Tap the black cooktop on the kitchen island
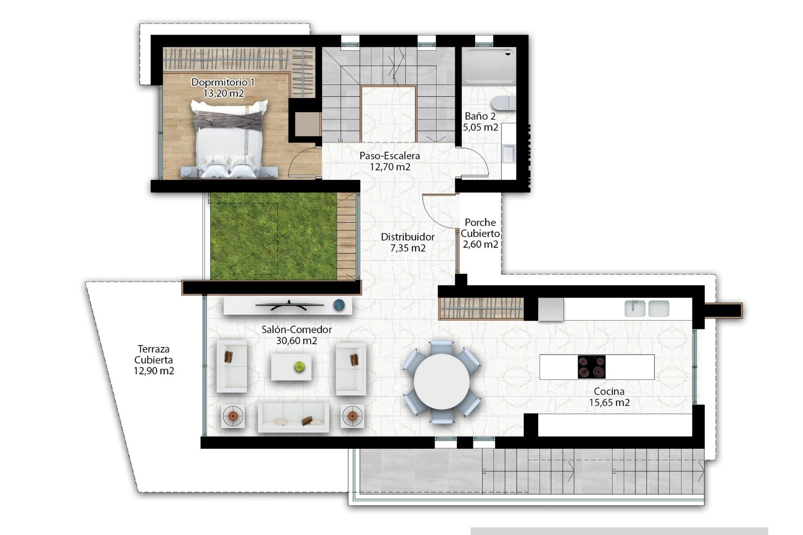(x=591, y=367)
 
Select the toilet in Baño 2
(x=504, y=103)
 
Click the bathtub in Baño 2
(x=489, y=66)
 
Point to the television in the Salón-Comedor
(x=289, y=306)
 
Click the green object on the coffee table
(x=299, y=367)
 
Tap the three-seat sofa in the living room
(x=293, y=417)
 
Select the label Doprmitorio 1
(x=223, y=82)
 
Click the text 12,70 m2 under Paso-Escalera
(x=390, y=167)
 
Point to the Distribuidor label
(x=407, y=237)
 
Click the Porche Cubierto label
(x=480, y=228)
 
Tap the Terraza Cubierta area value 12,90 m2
(x=154, y=371)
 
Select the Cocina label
(x=609, y=392)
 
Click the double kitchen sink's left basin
(x=634, y=308)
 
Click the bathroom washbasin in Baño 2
(x=509, y=153)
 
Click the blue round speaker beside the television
(x=339, y=306)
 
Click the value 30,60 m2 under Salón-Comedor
(x=297, y=341)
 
